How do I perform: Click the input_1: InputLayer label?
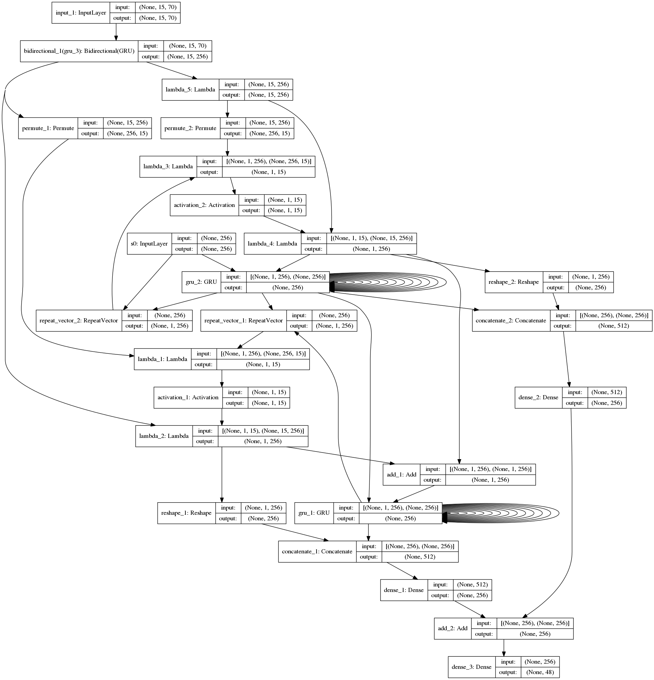81,13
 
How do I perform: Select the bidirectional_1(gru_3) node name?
79,51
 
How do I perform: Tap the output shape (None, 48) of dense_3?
540,672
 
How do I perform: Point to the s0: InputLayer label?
149,243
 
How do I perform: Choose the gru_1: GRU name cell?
314,513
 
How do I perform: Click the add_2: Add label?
453,628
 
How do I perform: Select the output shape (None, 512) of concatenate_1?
420,557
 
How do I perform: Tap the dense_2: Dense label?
538,397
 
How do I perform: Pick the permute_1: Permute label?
48,128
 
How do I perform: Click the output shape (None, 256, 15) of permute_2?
270,133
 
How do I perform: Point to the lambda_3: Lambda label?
168,166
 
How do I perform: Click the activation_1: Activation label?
188,397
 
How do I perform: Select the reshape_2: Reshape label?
513,282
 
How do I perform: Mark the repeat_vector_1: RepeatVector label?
244,320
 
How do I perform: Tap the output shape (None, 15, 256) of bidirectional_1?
188,56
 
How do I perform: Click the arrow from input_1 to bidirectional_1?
116,32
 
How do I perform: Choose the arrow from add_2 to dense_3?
503,647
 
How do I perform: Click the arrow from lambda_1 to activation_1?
222,378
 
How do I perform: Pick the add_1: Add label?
401,474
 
